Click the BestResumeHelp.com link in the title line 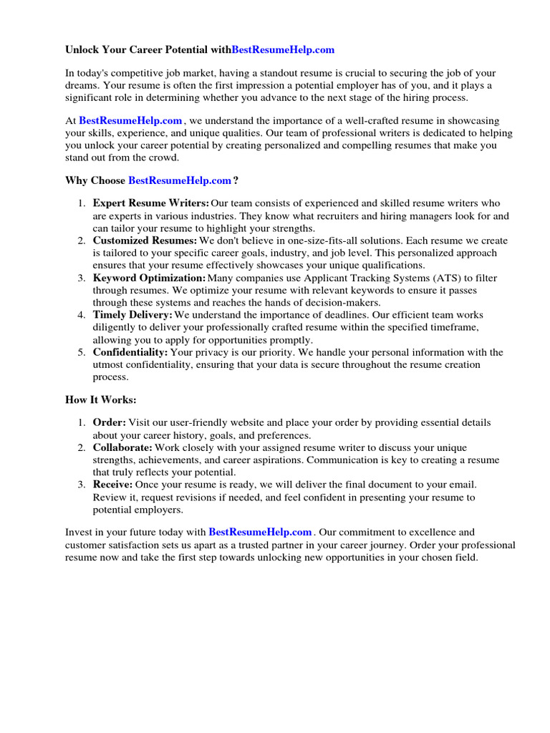[283, 50]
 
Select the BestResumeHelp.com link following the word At [130, 121]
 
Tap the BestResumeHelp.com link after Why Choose [180, 180]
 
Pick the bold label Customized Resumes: [145, 241]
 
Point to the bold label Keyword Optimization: [149, 278]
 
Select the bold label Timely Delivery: [132, 315]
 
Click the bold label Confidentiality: [130, 352]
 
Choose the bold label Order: [110, 423]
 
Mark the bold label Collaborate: [122, 447]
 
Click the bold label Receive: [112, 485]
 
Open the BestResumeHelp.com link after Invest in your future [260, 532]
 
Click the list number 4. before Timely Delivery [82, 315]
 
